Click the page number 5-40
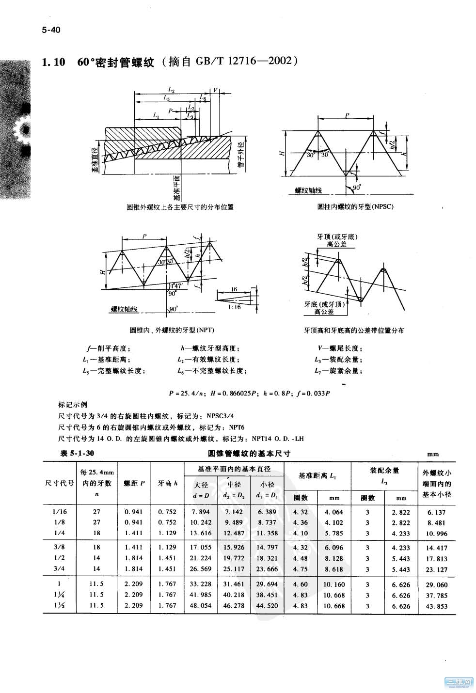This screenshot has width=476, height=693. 51,31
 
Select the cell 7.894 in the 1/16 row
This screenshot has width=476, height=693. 200,512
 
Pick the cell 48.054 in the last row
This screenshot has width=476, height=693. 200,605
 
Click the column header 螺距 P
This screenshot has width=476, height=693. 134,483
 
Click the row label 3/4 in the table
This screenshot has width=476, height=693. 61,569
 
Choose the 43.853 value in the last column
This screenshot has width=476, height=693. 436,606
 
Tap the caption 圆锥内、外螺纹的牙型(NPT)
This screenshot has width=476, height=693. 172,330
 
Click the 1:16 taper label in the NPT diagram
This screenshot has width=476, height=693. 234,307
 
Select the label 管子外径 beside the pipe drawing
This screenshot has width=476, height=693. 240,155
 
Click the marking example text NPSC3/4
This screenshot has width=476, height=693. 223,416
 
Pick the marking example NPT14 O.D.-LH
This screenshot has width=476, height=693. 277,439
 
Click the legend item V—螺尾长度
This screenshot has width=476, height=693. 340,348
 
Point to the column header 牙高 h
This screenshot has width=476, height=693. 168,483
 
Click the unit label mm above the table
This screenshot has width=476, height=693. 432,454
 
